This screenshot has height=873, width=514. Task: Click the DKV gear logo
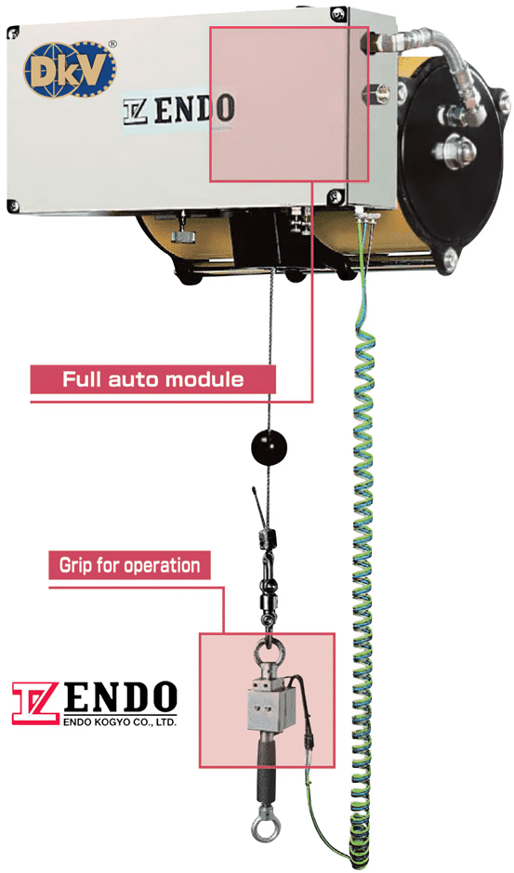pos(69,69)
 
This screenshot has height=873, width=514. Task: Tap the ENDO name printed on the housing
pos(178,109)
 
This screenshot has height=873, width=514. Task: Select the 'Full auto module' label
pos(152,379)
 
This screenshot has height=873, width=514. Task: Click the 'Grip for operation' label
pos(129,565)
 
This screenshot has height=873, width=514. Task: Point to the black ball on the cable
pos(269,446)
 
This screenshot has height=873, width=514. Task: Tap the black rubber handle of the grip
pos(266,774)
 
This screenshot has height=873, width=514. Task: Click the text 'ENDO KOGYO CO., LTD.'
pos(120,722)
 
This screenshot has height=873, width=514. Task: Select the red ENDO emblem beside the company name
pos(35,703)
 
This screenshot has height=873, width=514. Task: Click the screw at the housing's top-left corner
pos(12,33)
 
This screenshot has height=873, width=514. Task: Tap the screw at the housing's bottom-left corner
pos(12,205)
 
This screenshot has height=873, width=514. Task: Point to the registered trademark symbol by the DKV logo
pos(112,44)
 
